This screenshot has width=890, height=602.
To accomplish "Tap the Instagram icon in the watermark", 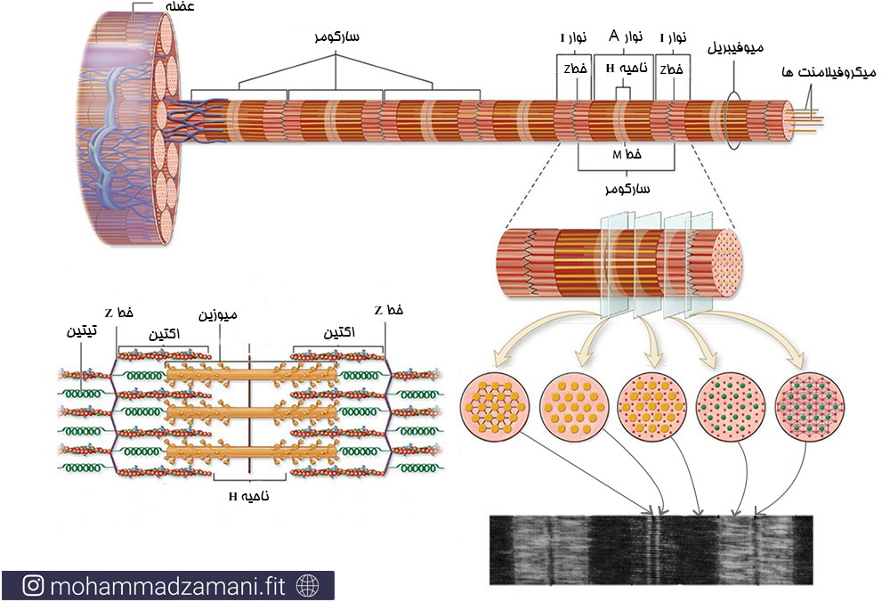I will (34, 586).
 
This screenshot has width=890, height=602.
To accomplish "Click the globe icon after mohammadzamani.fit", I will (309, 586).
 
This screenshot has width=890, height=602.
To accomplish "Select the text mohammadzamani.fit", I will (170, 586).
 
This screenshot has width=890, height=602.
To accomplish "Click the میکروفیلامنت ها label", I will (829, 71).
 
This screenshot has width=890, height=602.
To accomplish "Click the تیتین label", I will (82, 331).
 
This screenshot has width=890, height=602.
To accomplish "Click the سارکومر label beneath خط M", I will (627, 189).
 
